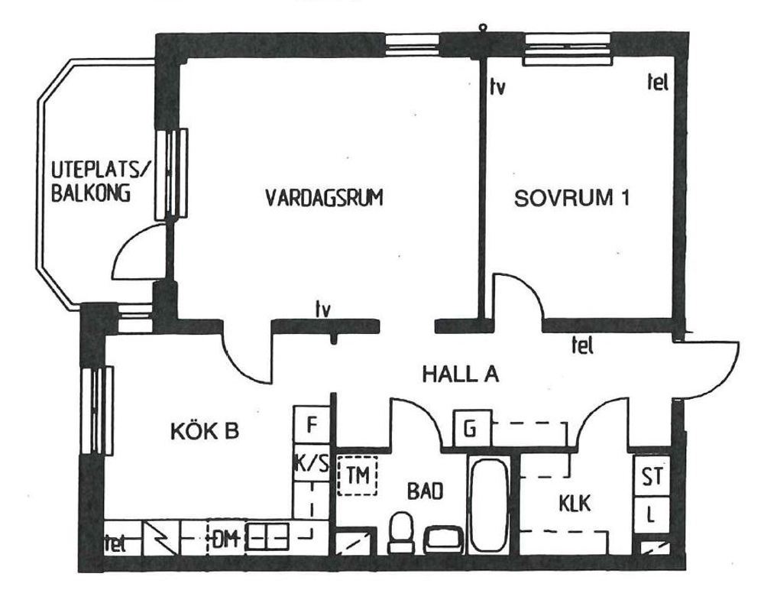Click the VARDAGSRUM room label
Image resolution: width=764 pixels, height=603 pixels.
324,198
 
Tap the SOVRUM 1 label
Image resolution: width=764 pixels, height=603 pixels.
571,198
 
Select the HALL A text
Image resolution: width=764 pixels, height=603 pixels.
461,374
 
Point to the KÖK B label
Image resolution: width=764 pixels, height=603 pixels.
205,431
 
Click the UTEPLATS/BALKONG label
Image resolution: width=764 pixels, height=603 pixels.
102,181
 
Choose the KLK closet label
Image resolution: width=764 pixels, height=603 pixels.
575,503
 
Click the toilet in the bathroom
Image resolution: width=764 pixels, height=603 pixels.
401,532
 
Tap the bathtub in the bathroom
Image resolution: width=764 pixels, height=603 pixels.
489,504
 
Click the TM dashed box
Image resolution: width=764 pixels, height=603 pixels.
358,475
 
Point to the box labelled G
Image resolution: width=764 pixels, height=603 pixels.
471,429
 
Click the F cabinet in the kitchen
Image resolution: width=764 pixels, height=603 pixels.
312,425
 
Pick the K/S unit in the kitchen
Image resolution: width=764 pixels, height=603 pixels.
312,462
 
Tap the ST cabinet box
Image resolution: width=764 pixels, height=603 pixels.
652,476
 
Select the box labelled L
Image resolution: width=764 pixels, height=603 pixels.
652,515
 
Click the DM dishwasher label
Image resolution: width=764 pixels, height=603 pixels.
225,539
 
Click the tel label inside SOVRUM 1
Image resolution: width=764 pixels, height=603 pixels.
657,82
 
